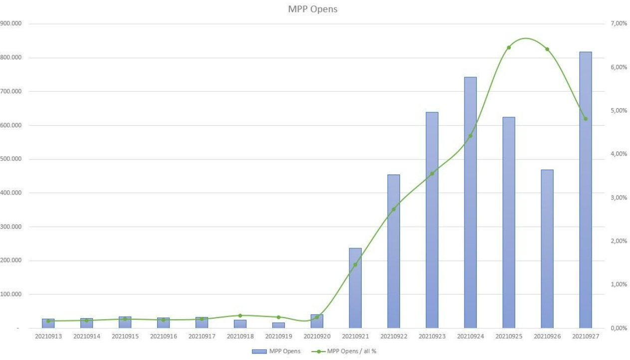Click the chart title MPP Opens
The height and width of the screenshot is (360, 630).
click(x=313, y=9)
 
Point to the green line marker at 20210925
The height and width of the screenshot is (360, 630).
click(x=509, y=48)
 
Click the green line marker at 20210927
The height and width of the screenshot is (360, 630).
click(x=586, y=119)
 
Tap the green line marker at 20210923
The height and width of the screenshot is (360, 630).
click(x=432, y=174)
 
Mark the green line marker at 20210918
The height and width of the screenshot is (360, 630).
click(x=240, y=316)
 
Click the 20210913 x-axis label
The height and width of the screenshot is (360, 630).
click(x=48, y=336)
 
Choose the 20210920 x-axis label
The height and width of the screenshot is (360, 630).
click(x=317, y=336)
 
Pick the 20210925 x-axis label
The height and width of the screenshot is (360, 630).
click(x=509, y=336)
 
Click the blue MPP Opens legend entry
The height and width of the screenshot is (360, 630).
click(x=276, y=352)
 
